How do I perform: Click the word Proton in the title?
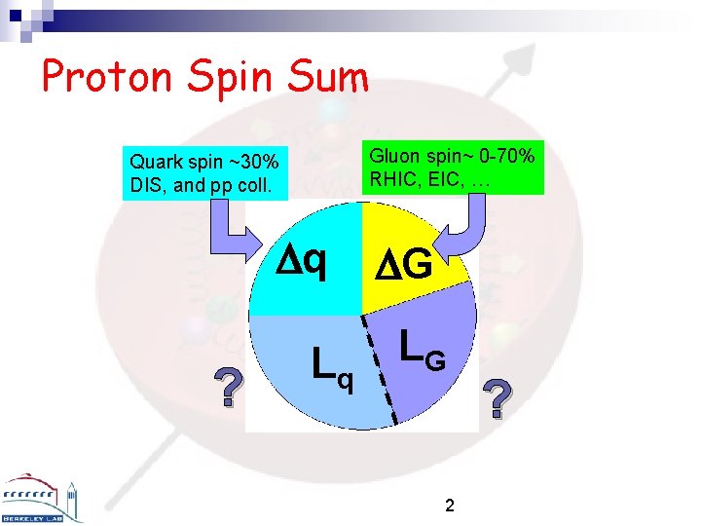point(106,78)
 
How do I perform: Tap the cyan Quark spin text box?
point(206,173)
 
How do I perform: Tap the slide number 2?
point(449,506)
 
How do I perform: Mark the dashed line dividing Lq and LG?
point(380,370)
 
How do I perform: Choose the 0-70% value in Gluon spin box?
point(500,155)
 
